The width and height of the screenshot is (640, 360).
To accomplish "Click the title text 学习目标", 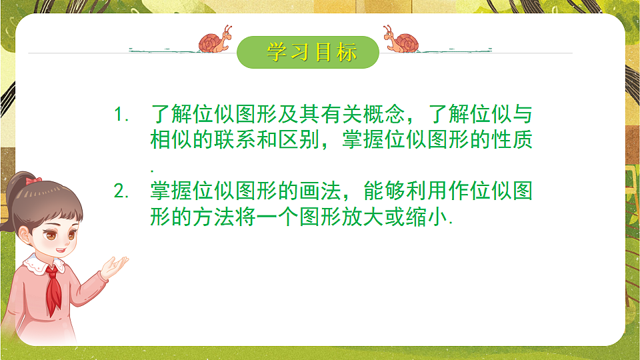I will [311, 53].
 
